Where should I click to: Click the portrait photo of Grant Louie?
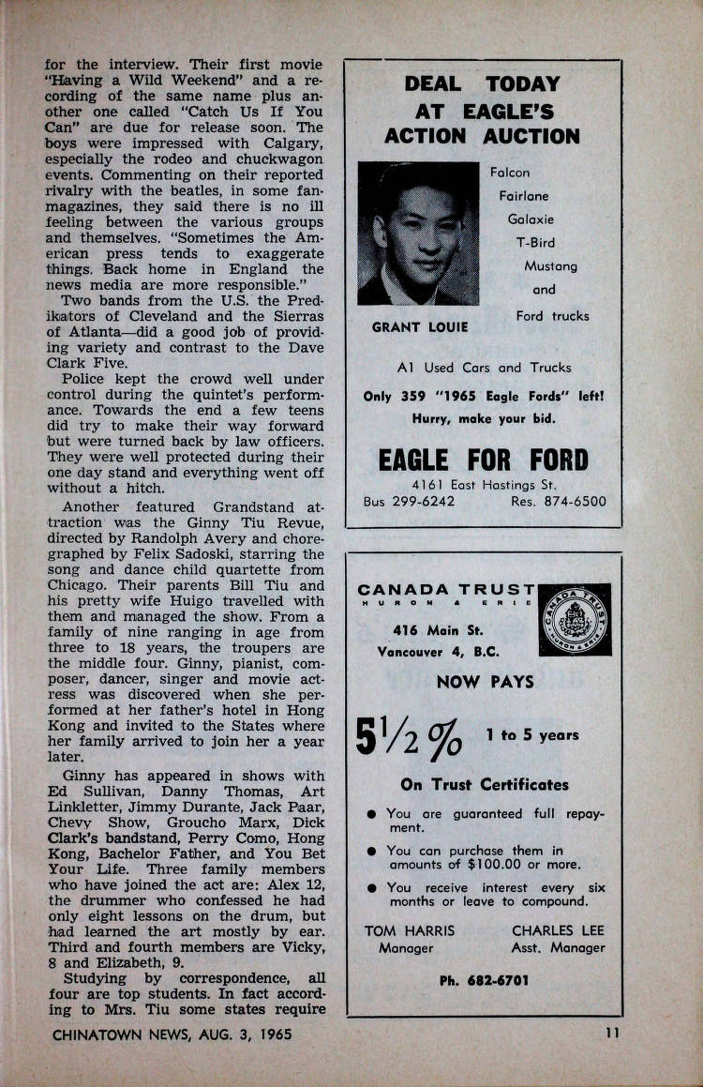point(418,234)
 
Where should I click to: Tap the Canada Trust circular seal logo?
point(576,619)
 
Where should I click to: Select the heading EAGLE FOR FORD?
point(483,460)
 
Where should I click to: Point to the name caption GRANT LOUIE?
point(414,327)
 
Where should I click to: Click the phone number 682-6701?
point(484,979)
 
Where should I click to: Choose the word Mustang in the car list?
point(550,266)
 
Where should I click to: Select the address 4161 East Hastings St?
point(484,485)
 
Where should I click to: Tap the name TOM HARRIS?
point(409,931)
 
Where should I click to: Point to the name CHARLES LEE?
point(558,931)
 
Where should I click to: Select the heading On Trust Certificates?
point(484,784)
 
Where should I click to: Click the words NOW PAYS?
point(484,682)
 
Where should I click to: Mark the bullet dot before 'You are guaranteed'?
point(372,814)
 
